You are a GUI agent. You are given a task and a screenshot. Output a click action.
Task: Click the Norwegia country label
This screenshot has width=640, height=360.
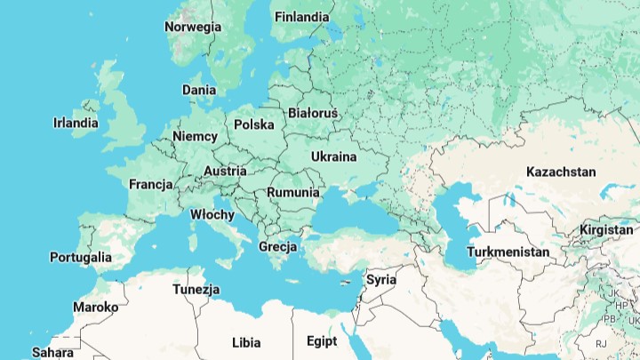pos(193,27)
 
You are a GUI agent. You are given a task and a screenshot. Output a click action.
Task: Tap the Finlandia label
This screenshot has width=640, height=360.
pos(301,17)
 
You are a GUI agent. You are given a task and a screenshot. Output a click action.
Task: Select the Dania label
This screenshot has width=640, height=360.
pos(199,90)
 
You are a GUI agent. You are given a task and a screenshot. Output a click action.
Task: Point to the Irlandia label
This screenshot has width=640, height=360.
pos(76,124)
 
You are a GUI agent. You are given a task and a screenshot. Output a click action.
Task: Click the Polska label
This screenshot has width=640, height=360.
pos(254,124)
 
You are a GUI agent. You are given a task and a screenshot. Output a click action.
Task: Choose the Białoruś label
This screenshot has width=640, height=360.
pos(313,114)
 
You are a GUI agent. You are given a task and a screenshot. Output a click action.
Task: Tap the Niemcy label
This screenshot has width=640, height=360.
pos(195,137)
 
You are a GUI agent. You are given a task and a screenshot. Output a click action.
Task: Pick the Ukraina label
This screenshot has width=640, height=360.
pos(333,157)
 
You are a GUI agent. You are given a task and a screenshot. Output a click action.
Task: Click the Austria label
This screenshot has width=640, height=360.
pos(225,172)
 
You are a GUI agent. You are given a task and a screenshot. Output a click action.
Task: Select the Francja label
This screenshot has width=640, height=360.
pos(150,185)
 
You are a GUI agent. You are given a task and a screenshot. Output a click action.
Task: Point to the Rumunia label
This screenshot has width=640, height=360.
pos(292,192)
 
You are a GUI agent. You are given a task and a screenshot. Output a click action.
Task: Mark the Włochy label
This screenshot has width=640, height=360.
pos(212,215)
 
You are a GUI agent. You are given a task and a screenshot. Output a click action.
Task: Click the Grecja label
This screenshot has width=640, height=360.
pos(277,246)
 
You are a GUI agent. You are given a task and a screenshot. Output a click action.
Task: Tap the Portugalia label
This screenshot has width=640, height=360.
pos(81,258)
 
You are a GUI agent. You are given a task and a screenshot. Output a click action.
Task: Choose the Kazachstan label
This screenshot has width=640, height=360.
pos(561,172)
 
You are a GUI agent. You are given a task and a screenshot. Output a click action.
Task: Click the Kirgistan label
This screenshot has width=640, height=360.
pos(606,230)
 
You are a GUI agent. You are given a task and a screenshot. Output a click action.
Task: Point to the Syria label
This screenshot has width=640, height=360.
pos(381,279)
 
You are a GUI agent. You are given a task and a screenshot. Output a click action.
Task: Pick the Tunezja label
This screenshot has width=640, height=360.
pos(196,290)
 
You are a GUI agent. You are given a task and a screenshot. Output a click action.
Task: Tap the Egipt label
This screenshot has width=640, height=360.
pos(322,341)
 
